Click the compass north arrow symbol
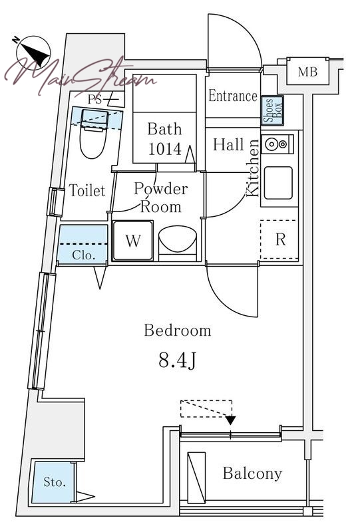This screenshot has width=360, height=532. click(33, 53)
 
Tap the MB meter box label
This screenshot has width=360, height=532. click(307, 72)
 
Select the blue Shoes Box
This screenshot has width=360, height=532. click(272, 110)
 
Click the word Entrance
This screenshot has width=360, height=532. click(233, 96)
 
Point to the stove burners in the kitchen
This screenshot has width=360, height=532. click(276, 144)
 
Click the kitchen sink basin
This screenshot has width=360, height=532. click(278, 182)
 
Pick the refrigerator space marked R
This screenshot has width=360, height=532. click(279, 239)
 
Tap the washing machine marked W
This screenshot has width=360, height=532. click(132, 241)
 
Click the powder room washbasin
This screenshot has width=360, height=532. click(177, 239)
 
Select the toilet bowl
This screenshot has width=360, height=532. click(94, 139)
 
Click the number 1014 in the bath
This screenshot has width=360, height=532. click(165, 149)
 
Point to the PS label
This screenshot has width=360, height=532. click(95, 99)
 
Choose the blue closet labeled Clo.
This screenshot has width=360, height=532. click(83, 243)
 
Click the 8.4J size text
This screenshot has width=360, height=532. click(177, 360)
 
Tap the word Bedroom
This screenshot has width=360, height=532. click(178, 331)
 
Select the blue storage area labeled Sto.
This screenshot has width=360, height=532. click(53, 481)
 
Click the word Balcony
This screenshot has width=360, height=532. click(252, 473)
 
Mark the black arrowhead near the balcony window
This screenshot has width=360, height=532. click(231, 420)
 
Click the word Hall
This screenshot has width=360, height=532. click(228, 145)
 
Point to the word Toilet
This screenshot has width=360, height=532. click(87, 190)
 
